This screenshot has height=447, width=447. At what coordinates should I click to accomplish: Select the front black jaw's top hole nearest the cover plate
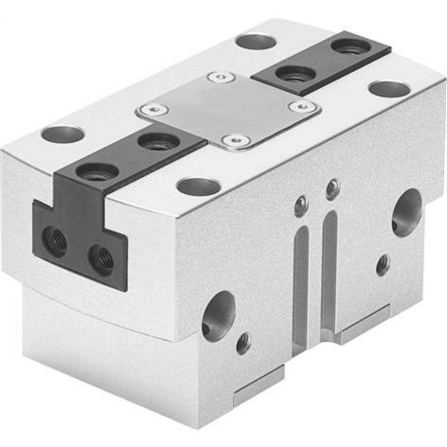[x=158, y=142]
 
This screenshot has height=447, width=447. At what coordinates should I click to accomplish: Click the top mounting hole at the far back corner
[x=255, y=42]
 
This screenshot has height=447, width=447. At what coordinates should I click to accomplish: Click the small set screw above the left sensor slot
[x=301, y=207]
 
